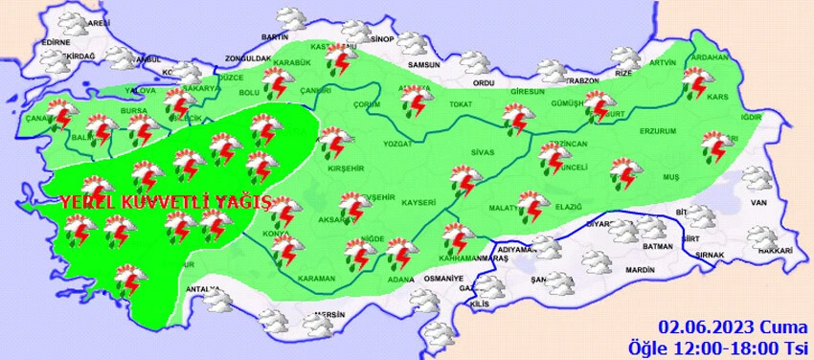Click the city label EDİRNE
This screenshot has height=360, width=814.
pos(57,42)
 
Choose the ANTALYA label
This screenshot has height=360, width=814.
pos(202,289)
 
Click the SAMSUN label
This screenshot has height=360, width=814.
pos(422,64)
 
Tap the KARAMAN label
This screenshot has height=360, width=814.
pos(317,280)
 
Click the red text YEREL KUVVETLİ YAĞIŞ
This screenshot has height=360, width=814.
pos(166,203)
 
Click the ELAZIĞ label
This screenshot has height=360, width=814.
pos(567,205)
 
